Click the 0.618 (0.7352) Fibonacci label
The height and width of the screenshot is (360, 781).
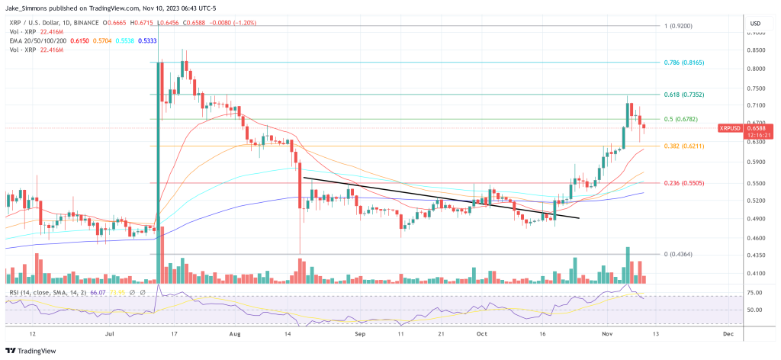pos(683,95)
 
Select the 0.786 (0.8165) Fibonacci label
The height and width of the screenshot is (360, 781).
pos(683,62)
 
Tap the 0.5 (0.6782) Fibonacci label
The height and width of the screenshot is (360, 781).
pos(681,119)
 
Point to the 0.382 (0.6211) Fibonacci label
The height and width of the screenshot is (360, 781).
pos(683,146)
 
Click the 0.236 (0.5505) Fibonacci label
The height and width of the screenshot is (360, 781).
pos(683,183)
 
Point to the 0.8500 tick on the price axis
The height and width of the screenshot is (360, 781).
pos(755,51)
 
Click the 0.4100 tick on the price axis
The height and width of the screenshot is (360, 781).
pos(755,273)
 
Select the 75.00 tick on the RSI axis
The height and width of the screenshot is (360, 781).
pos(754,292)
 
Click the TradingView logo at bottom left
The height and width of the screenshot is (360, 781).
pos(31,349)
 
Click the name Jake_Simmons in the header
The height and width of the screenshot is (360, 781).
pos(28,8)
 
